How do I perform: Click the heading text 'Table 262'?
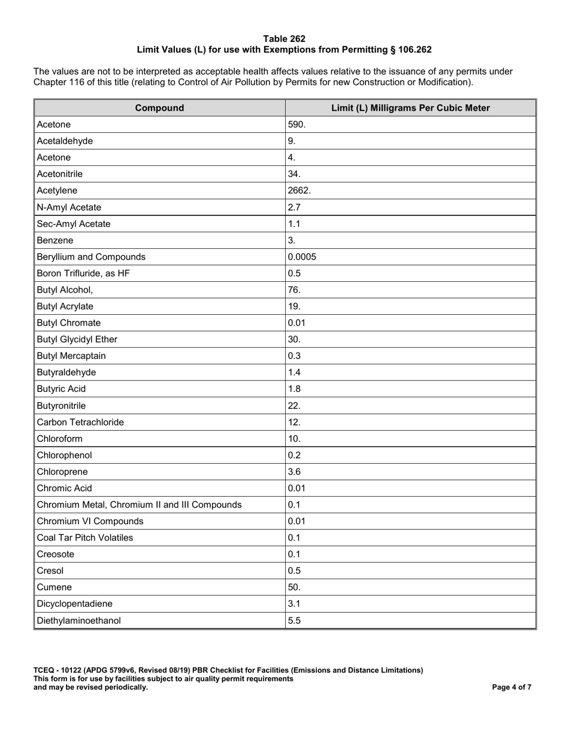[x=284, y=39]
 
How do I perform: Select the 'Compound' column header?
[x=159, y=108]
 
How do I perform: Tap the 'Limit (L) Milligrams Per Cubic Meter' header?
[x=410, y=108]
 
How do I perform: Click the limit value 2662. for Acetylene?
[x=299, y=191]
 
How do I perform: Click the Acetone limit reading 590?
[x=297, y=124]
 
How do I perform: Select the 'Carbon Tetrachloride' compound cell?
[x=80, y=422]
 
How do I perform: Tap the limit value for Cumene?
[x=295, y=587]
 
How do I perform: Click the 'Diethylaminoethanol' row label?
[x=78, y=621]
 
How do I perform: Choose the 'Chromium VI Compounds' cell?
[x=90, y=521]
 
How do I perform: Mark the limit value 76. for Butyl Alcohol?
[x=295, y=290]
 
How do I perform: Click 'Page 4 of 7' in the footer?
[x=512, y=688]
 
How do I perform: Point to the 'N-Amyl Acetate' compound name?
[x=69, y=207]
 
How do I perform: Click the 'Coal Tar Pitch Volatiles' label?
[x=85, y=537]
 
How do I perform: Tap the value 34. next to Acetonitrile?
[x=295, y=174]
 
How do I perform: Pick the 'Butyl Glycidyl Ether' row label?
[x=77, y=339]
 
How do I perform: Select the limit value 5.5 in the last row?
[x=294, y=621]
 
